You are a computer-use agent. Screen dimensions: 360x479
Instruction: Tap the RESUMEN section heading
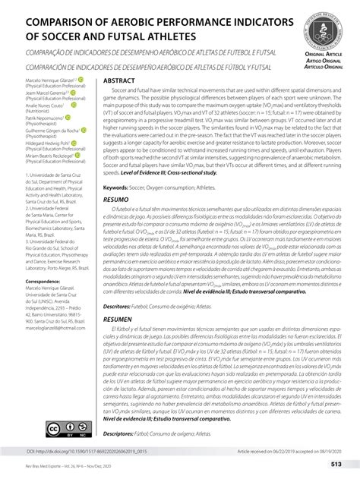[x=118, y=320]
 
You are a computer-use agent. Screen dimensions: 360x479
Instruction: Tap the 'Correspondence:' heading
[x=30, y=280]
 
